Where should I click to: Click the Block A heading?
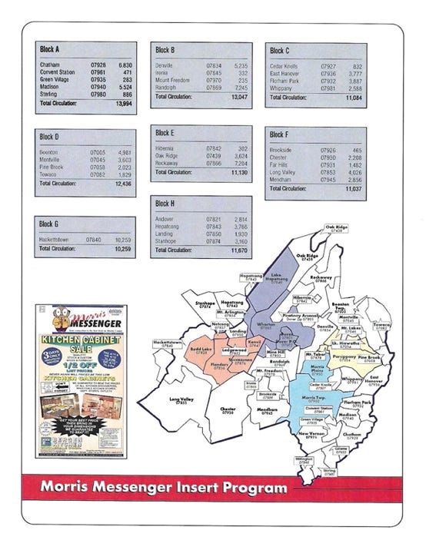[52, 50]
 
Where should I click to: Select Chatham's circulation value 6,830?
[125, 66]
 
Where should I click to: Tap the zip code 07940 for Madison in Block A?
[96, 88]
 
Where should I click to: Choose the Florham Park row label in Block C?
[287, 81]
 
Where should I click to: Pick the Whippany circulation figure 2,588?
[351, 88]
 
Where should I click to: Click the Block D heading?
[52, 137]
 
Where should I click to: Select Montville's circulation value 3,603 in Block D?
[125, 160]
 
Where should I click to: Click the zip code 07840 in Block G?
[95, 239]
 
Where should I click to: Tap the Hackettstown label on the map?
[167, 343]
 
